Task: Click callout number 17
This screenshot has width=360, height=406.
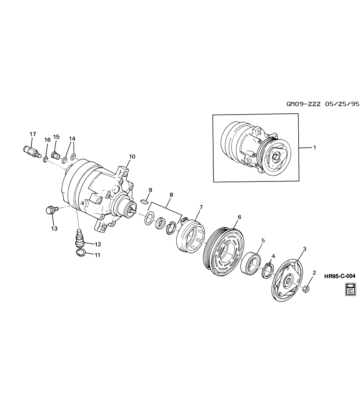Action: (33, 134)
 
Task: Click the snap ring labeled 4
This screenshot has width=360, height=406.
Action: (267, 270)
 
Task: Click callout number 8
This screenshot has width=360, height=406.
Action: (171, 195)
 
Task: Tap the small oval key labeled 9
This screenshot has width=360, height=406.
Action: (144, 202)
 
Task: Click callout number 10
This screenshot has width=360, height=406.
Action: (132, 156)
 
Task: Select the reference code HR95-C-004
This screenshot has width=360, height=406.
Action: (340, 276)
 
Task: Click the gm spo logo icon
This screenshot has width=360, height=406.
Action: (351, 288)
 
